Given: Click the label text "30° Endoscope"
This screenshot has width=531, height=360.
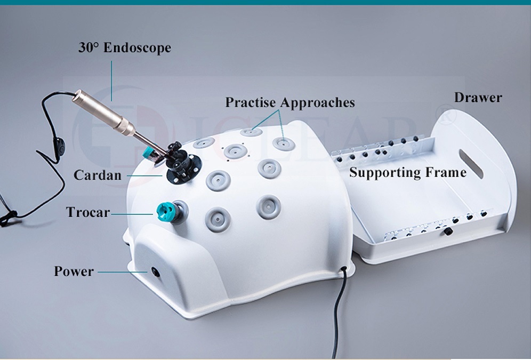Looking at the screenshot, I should point(125,47).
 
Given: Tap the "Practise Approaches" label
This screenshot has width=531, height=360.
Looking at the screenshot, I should point(289,102).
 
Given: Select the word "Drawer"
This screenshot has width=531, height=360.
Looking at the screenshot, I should point(478,98).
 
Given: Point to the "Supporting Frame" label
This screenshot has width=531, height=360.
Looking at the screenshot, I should point(407,172).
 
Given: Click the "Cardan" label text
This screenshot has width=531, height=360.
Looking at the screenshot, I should point(98,175).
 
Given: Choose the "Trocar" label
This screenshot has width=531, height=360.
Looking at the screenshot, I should point(88,212).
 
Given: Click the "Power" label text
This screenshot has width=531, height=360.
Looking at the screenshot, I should point(74,271).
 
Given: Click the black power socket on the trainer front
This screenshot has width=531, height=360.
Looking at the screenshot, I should point(155,271).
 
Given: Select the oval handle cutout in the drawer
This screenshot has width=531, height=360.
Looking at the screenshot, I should point(471,164).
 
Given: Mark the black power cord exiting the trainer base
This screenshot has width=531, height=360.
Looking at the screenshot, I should point(338,309).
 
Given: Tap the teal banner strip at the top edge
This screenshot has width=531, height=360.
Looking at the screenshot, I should point(265,2).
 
